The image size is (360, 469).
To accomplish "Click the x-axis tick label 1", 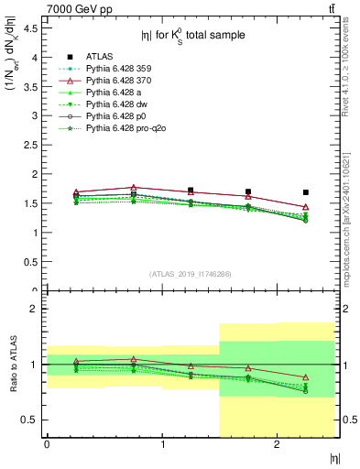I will (162, 444).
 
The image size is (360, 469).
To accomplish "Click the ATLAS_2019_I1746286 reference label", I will (191, 275).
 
